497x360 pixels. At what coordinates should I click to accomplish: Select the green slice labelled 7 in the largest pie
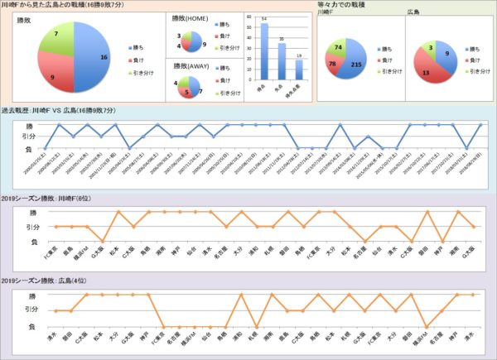click(x=55, y=40)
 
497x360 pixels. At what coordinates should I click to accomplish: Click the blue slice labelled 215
click(x=355, y=65)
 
